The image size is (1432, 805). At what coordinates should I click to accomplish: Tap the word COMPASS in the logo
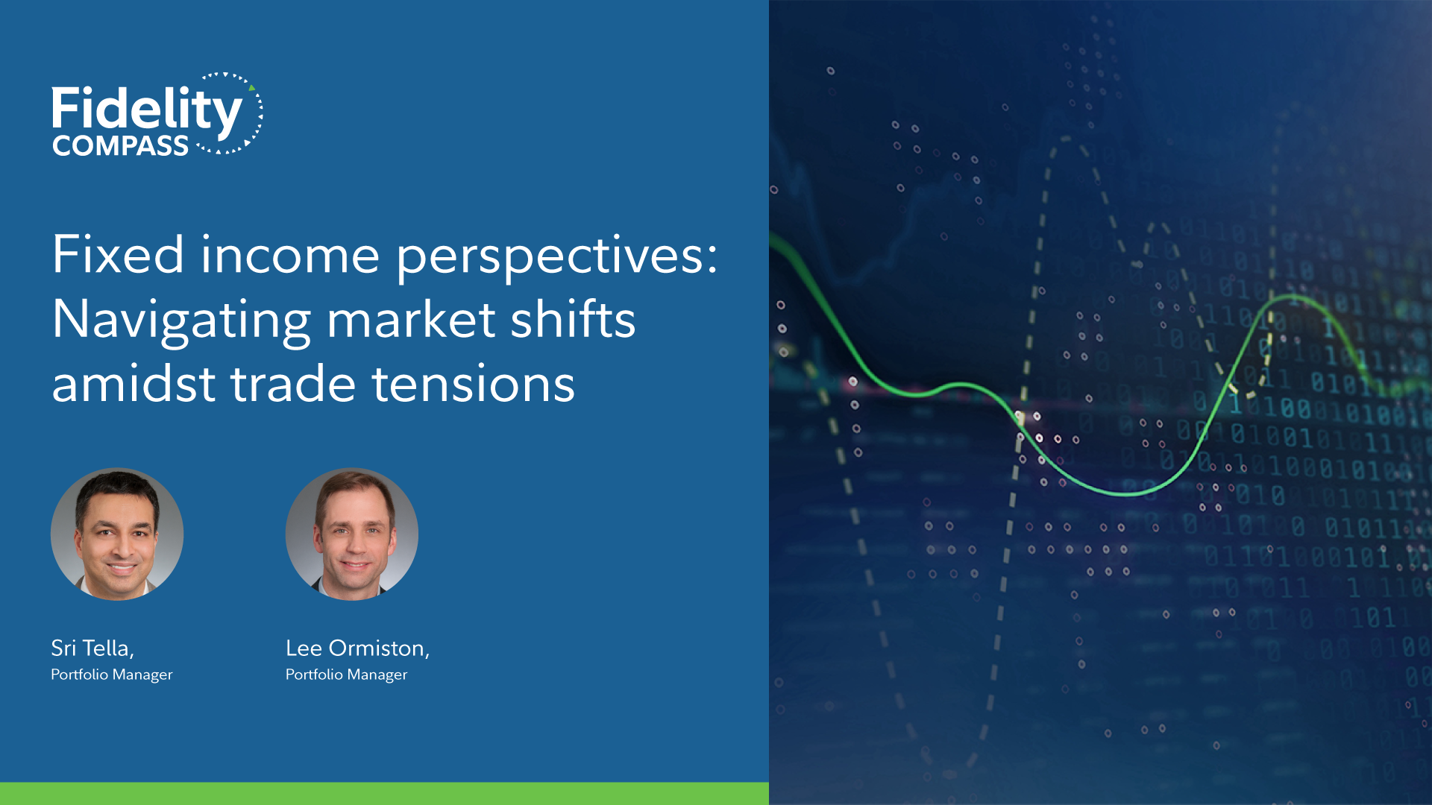[120, 146]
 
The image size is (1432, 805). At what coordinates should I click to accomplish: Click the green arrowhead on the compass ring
[252, 88]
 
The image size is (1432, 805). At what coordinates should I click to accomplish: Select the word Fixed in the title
[118, 254]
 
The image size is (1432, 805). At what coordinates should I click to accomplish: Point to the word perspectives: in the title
[557, 258]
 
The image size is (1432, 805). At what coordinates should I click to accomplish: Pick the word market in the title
[411, 320]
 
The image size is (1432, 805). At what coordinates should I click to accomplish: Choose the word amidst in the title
[134, 383]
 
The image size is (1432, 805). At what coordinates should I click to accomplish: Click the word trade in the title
[293, 383]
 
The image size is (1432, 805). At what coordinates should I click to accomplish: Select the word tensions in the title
[474, 385]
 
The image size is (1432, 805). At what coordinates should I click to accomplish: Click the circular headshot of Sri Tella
[117, 534]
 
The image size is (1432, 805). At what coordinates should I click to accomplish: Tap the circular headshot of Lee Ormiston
[352, 534]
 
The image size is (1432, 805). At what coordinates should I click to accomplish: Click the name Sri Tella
[92, 648]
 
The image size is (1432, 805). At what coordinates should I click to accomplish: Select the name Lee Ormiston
[357, 648]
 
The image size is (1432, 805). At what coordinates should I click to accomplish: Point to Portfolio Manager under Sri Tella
[112, 675]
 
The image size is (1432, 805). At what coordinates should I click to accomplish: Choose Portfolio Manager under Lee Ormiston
[347, 675]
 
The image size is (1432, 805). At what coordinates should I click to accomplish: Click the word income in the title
[290, 254]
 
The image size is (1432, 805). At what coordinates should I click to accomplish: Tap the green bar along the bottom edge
[384, 793]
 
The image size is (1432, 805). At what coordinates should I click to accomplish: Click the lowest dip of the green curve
[1128, 493]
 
